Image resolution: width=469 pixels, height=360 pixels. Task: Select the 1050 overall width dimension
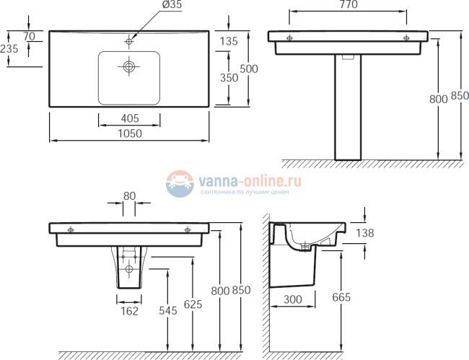[x=130, y=133]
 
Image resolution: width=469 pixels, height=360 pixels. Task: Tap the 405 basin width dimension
[x=130, y=118]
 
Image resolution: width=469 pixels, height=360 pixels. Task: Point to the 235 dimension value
[x=9, y=50]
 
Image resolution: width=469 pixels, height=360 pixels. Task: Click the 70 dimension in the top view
[x=30, y=37]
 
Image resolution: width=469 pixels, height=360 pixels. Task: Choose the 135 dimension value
[x=228, y=41]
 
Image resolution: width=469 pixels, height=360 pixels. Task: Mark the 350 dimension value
[x=228, y=76]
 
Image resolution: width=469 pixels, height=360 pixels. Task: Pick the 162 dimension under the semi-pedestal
[x=129, y=312]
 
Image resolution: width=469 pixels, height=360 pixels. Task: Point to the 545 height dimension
[x=167, y=312]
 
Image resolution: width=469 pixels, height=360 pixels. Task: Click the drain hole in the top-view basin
[x=129, y=67]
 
